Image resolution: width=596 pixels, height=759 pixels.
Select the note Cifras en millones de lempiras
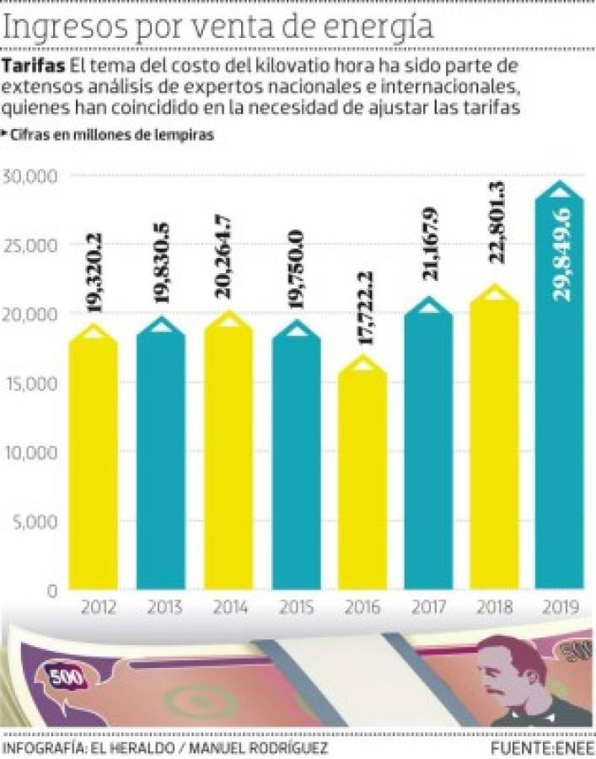click(110, 135)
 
